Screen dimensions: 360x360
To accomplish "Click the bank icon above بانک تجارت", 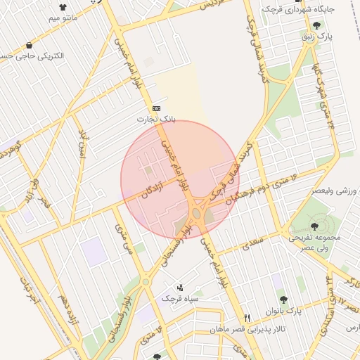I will click(x=155, y=108).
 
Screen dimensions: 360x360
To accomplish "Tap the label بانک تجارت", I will click(x=155, y=120).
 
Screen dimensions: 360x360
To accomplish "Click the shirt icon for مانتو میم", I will click(x=72, y=8).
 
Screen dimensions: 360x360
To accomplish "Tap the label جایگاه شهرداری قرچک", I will click(x=309, y=10).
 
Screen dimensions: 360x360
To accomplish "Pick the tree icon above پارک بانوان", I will click(x=283, y=300).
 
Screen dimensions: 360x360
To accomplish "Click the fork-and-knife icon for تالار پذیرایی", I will click(x=246, y=319).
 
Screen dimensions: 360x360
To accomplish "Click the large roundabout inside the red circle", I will click(x=197, y=212).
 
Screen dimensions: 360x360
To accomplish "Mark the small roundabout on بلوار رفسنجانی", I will click(x=146, y=281).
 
